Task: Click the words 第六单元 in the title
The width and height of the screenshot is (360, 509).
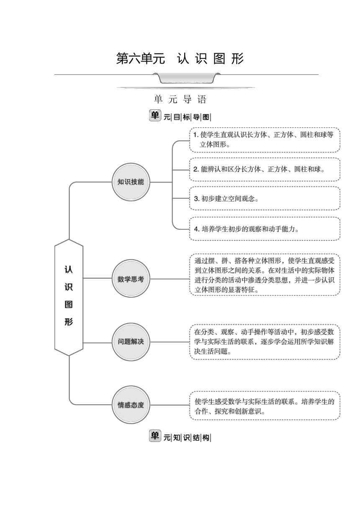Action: coord(141,59)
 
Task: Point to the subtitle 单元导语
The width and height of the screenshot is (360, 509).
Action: coord(180,99)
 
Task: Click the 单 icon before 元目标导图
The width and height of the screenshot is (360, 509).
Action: coord(155,115)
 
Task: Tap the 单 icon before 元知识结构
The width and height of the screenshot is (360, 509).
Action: coord(155,436)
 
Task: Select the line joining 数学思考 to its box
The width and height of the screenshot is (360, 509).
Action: coord(170,279)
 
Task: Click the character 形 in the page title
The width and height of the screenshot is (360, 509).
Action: coord(237,59)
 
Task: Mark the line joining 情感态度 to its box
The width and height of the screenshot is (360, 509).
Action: coord(170,405)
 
